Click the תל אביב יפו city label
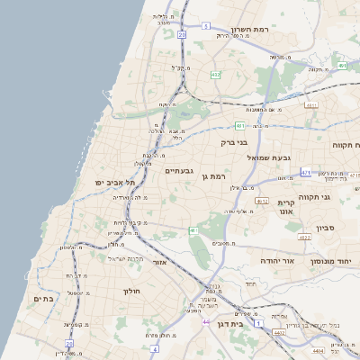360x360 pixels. (113, 182)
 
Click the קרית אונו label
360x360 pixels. (287, 209)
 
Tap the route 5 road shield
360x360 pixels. (206, 27)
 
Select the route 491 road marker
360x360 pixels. (342, 66)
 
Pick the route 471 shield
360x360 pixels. (306, 172)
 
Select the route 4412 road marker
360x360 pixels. (279, 332)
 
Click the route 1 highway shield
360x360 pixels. (258, 322)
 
